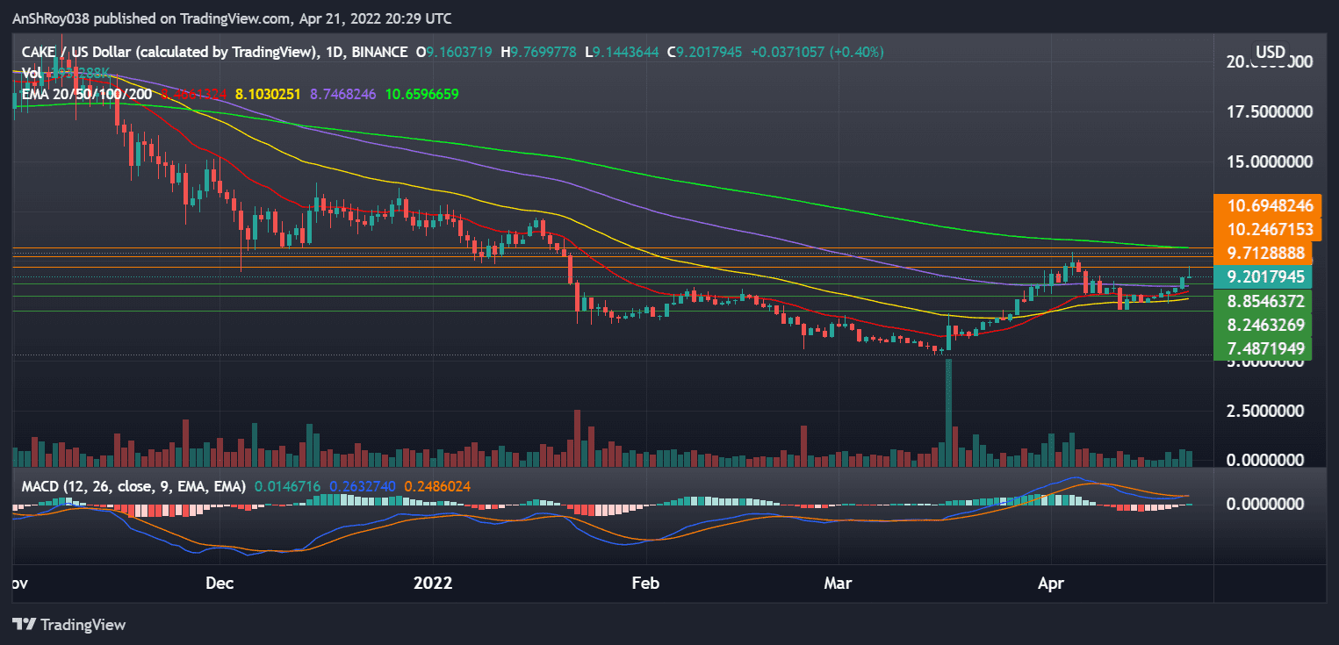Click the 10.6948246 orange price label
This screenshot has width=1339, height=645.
tap(1271, 206)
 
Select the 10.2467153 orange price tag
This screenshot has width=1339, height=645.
tap(1271, 230)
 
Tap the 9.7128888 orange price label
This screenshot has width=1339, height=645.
tap(1271, 254)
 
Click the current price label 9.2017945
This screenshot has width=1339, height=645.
tap(1271, 277)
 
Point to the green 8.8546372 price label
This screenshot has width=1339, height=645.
tap(1271, 301)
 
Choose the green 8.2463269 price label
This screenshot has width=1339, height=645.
tap(1271, 325)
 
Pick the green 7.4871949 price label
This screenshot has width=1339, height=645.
tap(1271, 348)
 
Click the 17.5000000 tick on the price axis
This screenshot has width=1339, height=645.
tap(1270, 112)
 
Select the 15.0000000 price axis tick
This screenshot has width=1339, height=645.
tap(1270, 162)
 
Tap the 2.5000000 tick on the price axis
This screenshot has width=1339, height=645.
tap(1270, 411)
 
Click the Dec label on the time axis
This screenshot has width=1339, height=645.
tap(218, 583)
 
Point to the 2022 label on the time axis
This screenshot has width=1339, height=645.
tap(433, 583)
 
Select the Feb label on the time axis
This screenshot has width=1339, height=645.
tap(645, 583)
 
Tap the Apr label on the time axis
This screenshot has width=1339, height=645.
tap(1051, 583)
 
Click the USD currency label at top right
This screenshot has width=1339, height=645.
tap(1271, 52)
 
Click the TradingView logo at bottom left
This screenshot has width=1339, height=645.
tap(70, 625)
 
